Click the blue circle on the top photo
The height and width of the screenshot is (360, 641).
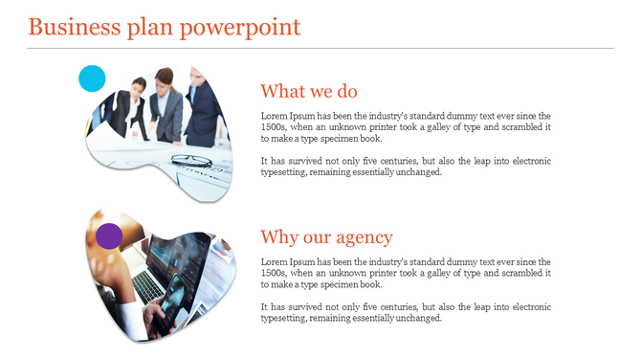click(91, 79)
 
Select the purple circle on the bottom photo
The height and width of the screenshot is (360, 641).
click(109, 236)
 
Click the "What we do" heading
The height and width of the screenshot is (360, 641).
click(309, 91)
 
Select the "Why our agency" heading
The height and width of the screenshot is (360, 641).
click(326, 237)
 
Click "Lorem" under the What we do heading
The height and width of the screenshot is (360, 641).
click(275, 115)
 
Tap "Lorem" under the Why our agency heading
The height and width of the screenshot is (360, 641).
click(275, 261)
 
